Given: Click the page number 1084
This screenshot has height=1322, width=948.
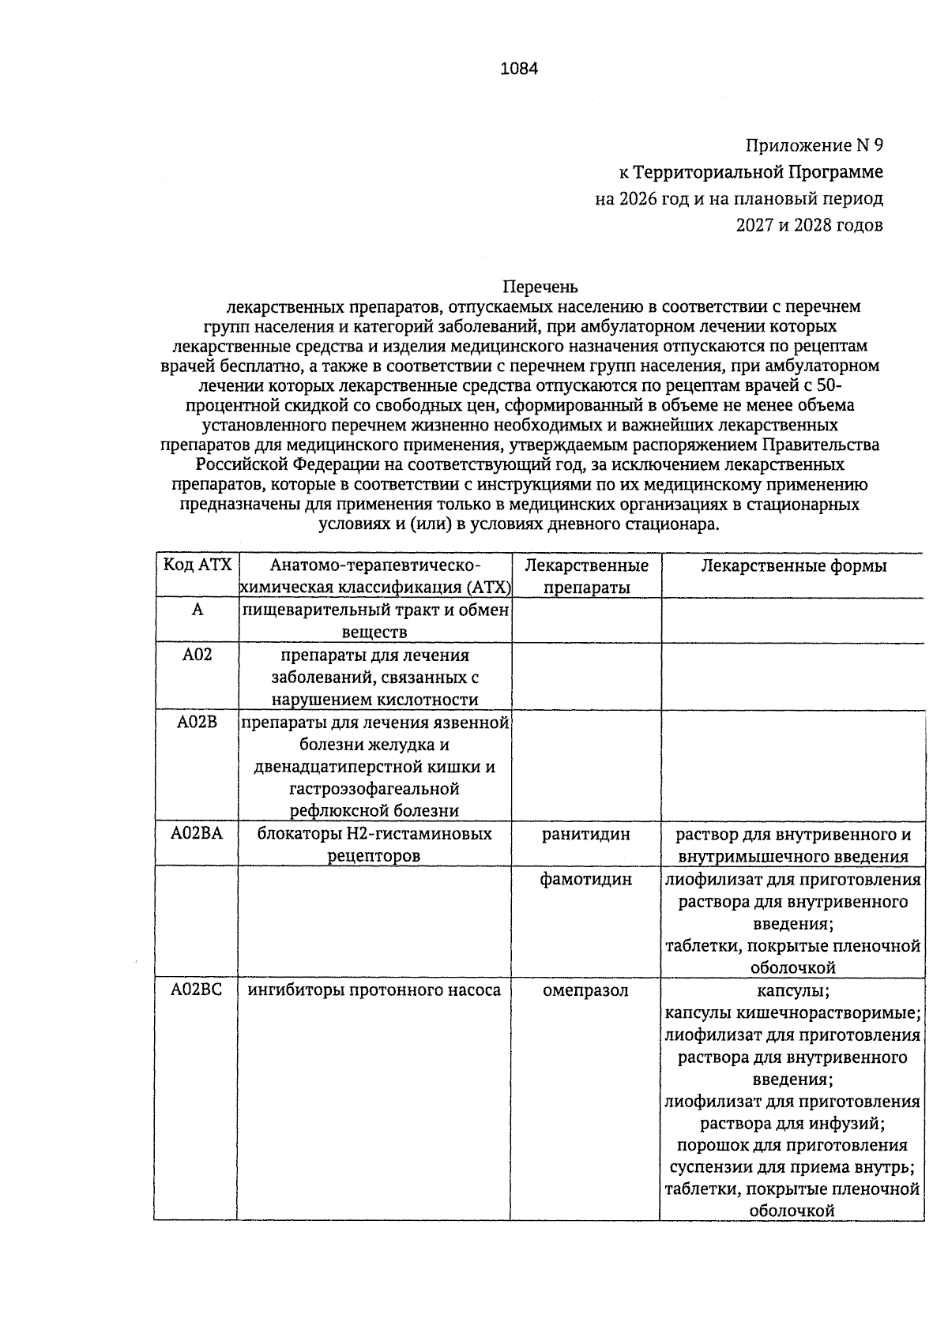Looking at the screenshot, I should (x=519, y=69).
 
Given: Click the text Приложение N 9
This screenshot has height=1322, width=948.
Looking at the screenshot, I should (x=814, y=146).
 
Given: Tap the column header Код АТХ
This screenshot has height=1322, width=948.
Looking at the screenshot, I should (x=197, y=565).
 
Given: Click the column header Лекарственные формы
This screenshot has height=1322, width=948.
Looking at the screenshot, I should (x=793, y=565).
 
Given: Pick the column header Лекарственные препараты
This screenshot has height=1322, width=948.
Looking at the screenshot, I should (x=586, y=576).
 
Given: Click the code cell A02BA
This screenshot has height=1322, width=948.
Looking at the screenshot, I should (x=197, y=834).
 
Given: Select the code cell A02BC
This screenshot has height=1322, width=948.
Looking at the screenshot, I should (x=197, y=990).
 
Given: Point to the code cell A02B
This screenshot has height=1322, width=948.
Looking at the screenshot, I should (x=197, y=723).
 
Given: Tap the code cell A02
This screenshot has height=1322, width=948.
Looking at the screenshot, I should (x=197, y=655).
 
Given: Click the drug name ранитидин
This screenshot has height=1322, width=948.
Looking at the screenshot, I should (x=586, y=834).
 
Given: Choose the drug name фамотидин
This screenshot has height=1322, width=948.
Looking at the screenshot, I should (x=586, y=879).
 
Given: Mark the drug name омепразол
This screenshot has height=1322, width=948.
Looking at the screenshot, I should (x=586, y=990).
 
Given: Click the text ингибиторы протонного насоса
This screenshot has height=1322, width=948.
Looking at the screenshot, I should (x=374, y=990).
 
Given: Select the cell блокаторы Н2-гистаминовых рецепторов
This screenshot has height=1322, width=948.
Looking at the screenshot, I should (x=374, y=845).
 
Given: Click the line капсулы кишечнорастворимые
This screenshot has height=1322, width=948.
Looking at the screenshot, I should (x=792, y=1012).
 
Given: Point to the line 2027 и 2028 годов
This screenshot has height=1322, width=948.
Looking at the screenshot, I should (x=809, y=225).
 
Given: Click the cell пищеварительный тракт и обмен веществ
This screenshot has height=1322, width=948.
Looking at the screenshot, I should (x=374, y=621).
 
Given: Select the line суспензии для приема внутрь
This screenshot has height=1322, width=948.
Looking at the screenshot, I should (x=792, y=1167).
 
